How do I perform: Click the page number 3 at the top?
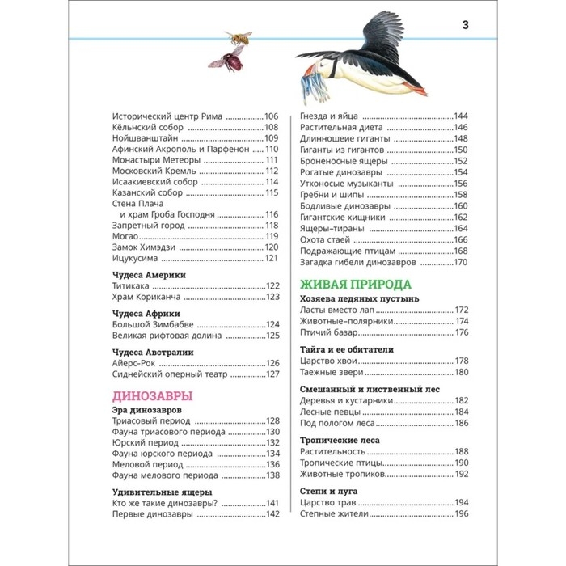[x=465, y=23]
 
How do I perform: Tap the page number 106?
[x=271, y=116]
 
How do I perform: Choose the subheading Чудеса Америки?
[x=148, y=275]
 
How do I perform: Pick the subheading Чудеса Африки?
[x=145, y=313]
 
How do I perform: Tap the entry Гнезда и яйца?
[x=329, y=116]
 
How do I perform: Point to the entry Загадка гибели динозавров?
[x=357, y=263]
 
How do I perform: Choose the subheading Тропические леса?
[x=340, y=440]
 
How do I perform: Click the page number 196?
[x=461, y=514]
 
